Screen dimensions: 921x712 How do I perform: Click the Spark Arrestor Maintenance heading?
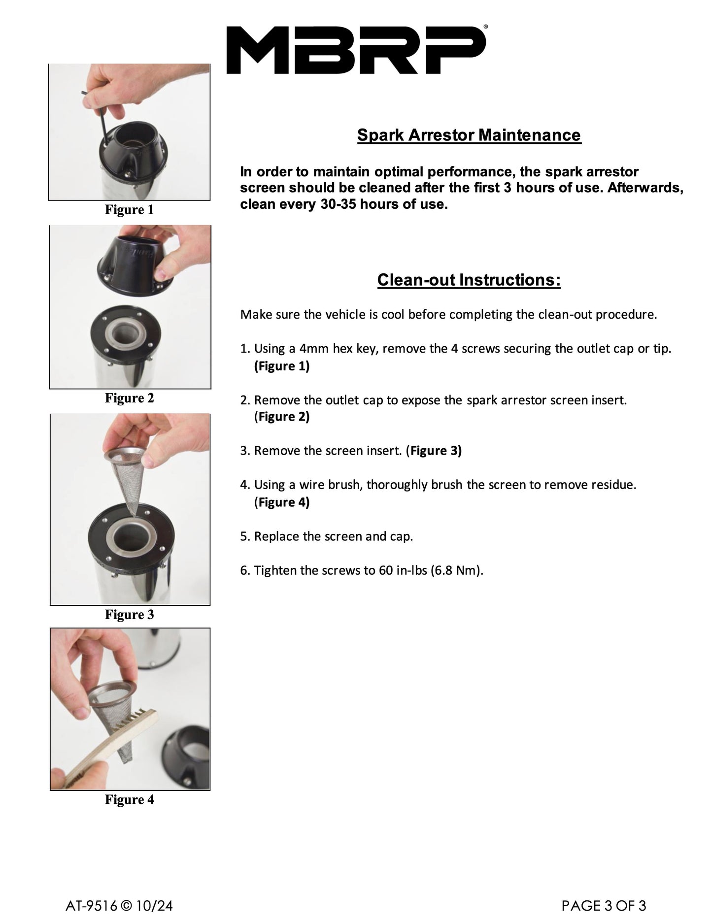(469, 135)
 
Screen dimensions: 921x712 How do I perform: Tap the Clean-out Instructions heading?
(469, 280)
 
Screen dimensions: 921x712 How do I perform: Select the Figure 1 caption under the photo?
(129, 210)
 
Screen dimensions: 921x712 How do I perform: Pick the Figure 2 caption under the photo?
(129, 398)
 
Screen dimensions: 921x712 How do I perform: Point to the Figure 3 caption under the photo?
(129, 615)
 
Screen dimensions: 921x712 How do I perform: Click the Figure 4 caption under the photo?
(129, 800)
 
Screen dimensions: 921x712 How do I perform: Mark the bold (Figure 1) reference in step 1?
(282, 366)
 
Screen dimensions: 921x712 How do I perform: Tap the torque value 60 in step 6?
(385, 570)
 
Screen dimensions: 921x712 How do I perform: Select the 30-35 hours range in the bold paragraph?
(345, 204)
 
